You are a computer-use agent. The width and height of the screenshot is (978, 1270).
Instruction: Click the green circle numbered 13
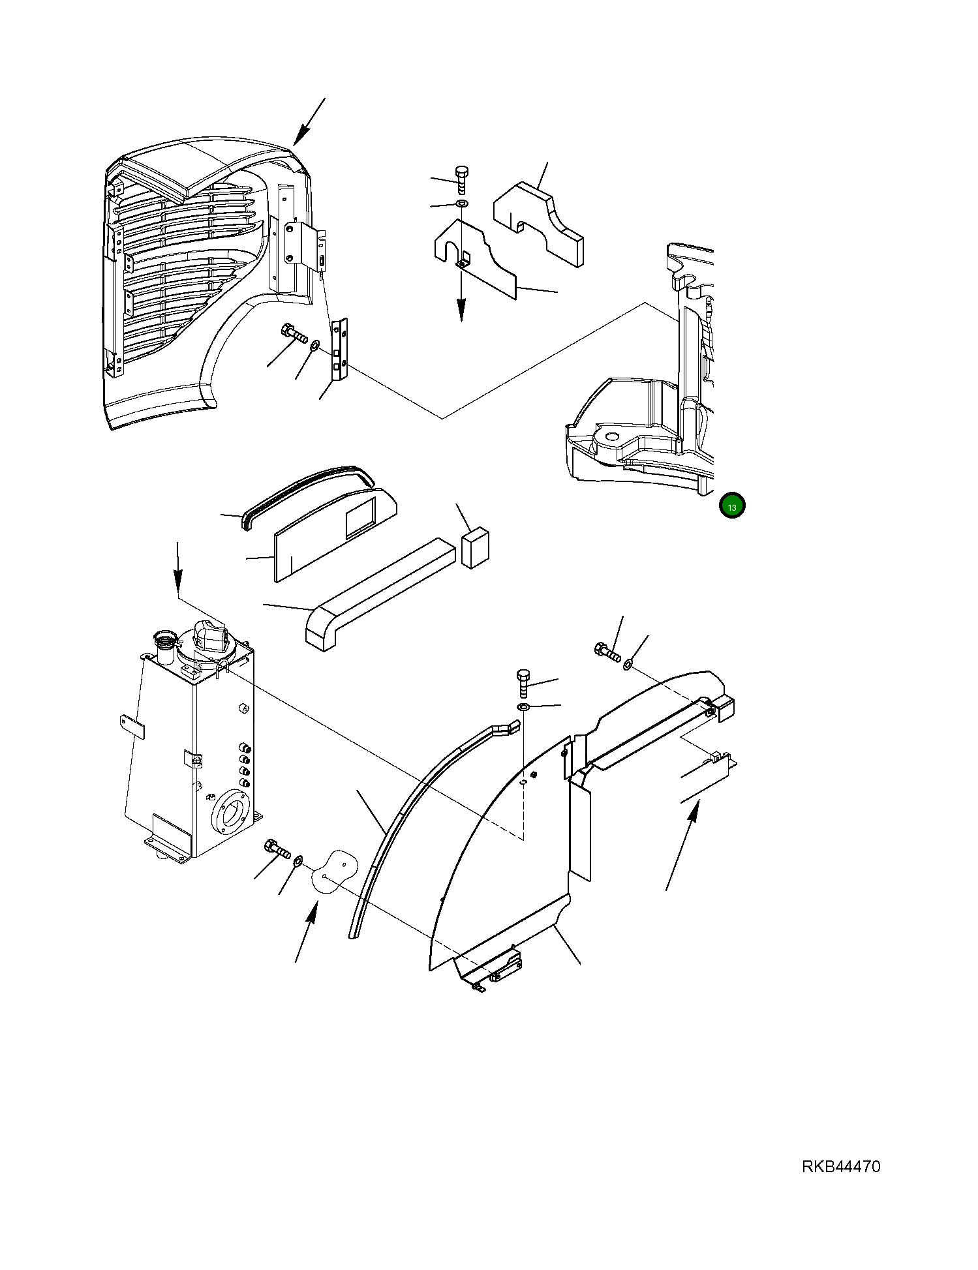point(732,506)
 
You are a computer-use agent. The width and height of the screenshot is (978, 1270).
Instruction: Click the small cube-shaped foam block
point(476,548)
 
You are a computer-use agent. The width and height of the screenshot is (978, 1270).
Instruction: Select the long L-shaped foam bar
point(378,594)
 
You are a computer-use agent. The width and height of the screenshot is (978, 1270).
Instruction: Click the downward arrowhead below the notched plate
point(461,311)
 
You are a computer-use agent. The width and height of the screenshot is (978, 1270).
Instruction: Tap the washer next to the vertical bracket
point(314,344)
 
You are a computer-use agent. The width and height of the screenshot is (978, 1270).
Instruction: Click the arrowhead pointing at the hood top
point(299,138)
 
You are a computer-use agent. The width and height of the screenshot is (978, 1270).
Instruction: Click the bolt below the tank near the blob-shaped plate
point(277,850)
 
